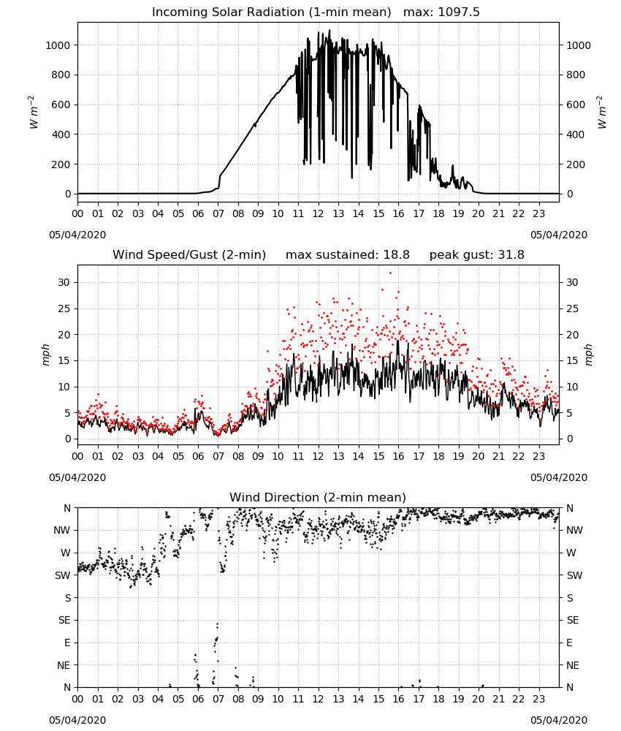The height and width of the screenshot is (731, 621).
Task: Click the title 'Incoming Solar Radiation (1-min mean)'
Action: click(272, 12)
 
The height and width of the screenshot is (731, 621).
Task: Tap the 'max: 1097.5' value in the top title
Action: click(441, 12)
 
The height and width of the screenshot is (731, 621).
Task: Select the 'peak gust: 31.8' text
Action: click(476, 255)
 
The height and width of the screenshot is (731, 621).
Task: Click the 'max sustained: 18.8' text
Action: click(348, 255)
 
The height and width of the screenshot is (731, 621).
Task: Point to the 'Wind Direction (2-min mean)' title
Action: click(318, 497)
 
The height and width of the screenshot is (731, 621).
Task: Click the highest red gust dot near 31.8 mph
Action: click(390, 273)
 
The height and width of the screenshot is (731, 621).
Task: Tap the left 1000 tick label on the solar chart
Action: click(58, 45)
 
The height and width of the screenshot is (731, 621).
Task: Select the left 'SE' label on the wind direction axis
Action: click(64, 620)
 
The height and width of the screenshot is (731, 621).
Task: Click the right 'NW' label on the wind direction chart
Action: click(574, 530)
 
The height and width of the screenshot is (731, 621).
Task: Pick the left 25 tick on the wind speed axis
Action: click(64, 308)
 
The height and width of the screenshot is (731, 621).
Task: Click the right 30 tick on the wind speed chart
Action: click(572, 282)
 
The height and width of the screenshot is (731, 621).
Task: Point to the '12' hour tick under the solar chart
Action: click(319, 214)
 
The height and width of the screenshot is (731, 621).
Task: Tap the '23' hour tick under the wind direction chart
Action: click(538, 700)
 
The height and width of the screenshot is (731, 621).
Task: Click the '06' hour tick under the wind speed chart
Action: click(198, 456)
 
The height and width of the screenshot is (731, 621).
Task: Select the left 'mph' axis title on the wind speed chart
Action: click(45, 355)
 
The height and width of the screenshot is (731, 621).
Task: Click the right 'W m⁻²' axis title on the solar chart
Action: click(601, 113)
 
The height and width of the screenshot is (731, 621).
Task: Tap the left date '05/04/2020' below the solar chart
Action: click(77, 235)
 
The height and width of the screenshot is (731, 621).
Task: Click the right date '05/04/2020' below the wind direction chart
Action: click(559, 720)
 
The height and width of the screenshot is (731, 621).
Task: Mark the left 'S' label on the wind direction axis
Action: click(68, 598)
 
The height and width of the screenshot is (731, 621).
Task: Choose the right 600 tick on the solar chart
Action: click(576, 105)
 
